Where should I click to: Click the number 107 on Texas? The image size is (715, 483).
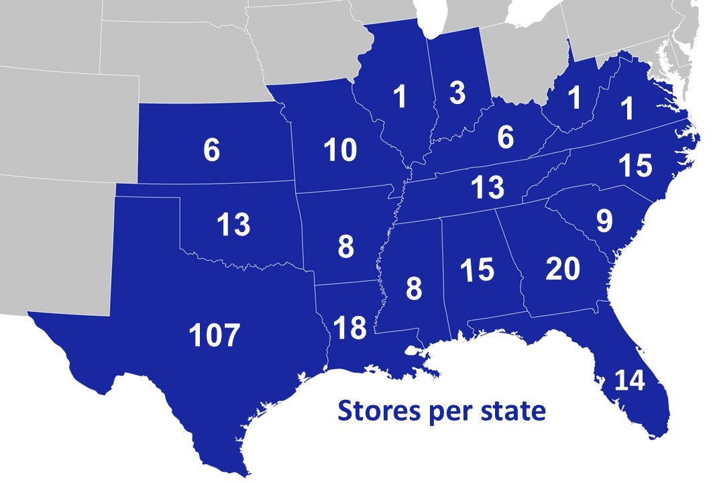[x=214, y=335]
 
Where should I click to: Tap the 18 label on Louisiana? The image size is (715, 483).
[x=349, y=327]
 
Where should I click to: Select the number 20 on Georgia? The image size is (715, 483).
[x=563, y=269]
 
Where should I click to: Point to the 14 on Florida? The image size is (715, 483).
[x=628, y=380]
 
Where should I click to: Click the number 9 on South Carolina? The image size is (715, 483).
[x=604, y=221]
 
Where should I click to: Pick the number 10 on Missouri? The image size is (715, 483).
[x=340, y=151]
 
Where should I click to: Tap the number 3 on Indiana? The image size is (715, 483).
[x=457, y=94]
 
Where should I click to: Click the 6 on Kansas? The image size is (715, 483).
[x=211, y=151]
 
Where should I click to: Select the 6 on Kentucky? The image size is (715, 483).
[x=505, y=138]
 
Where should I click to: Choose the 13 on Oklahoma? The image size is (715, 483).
[x=233, y=225]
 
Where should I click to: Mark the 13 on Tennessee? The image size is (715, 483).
[x=488, y=187]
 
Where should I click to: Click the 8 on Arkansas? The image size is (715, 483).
[x=345, y=247]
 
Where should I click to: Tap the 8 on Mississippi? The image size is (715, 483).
[x=414, y=290]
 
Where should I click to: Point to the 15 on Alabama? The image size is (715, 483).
[x=477, y=270]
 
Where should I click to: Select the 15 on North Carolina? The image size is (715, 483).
[x=635, y=166]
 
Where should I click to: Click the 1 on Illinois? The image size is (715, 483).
[x=400, y=98]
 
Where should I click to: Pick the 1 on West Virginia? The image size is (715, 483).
[x=573, y=99]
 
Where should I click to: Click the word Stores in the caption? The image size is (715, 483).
[x=378, y=411]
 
